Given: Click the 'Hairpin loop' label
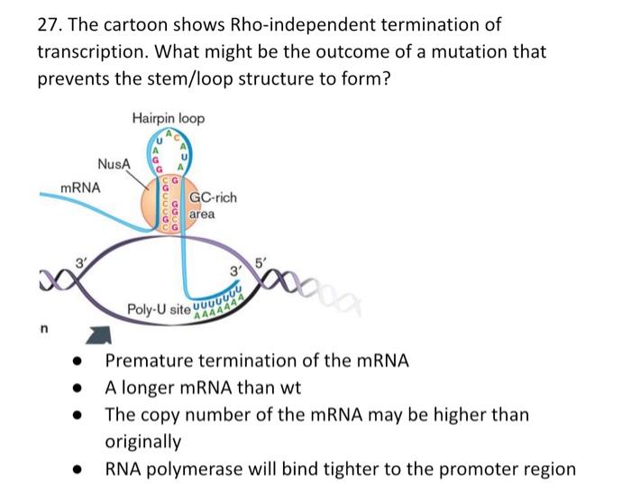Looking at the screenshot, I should (168, 118).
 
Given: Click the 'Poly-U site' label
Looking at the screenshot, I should (160, 309).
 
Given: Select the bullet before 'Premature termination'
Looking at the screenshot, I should (80, 361).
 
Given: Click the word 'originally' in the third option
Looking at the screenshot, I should (143, 442).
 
